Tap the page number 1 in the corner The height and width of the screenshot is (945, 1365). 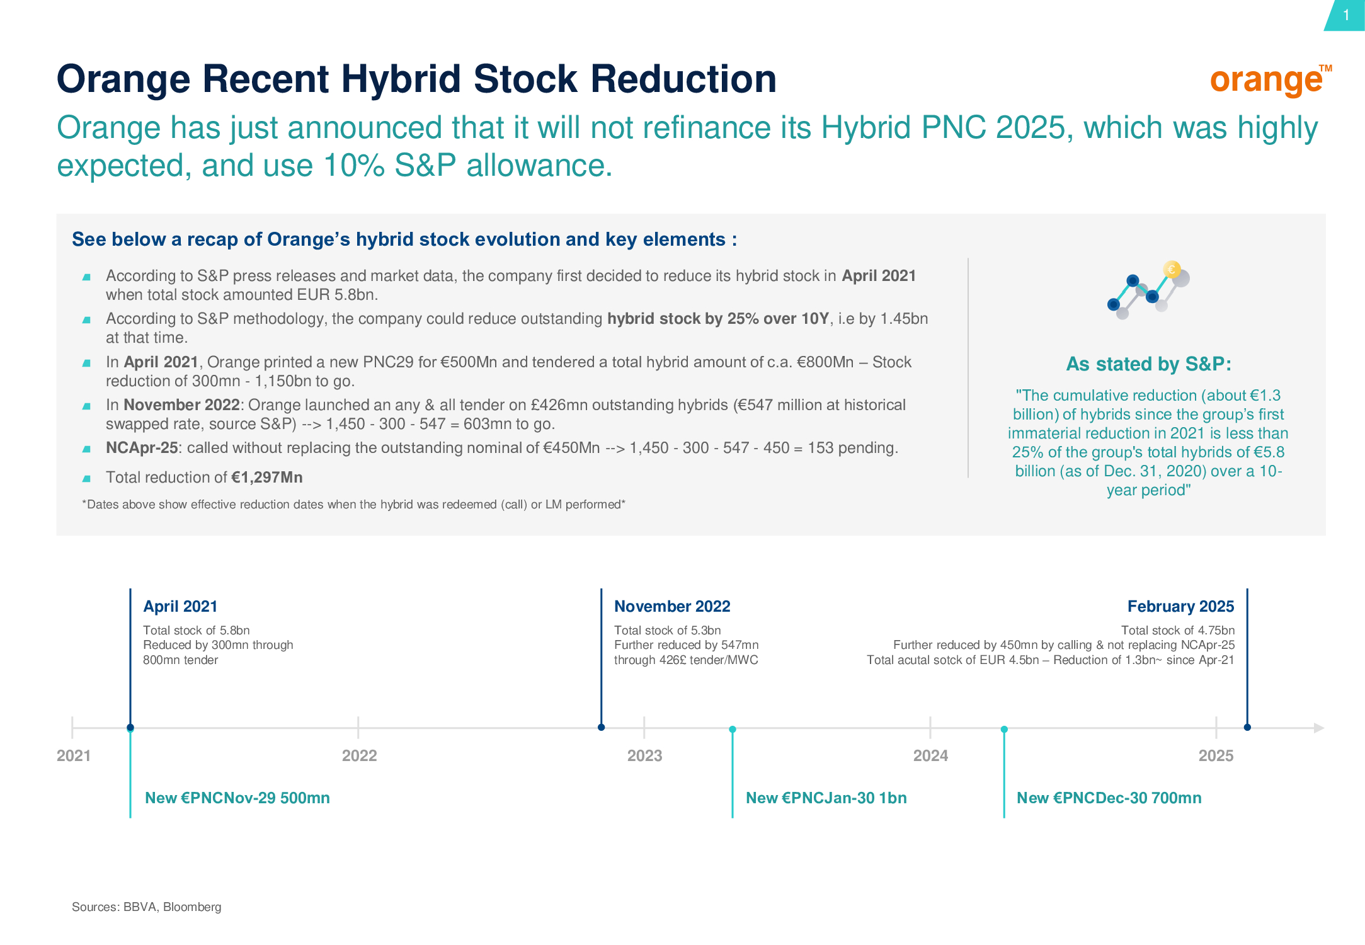(1346, 15)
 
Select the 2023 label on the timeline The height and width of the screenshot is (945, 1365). (644, 755)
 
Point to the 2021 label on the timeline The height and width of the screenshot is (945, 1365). (74, 755)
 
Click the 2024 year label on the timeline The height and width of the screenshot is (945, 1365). (930, 755)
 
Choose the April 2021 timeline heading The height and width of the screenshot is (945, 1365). (180, 606)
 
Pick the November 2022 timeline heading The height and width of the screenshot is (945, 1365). (672, 606)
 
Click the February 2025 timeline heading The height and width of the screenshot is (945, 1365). (1180, 606)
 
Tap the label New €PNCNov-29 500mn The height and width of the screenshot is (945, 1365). (237, 798)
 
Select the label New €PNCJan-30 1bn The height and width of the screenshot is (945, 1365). (826, 798)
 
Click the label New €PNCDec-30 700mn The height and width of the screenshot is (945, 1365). (1109, 798)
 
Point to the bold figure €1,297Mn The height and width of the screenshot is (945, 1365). (267, 478)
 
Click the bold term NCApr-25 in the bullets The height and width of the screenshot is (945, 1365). (142, 448)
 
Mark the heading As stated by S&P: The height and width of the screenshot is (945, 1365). (1148, 364)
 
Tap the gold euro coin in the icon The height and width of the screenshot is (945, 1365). (1172, 270)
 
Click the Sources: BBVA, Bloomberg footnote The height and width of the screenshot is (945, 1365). (146, 907)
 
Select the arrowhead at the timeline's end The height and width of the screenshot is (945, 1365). (1319, 728)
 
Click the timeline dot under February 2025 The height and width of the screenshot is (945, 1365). (1247, 728)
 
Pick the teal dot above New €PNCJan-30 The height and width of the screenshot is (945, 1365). (733, 730)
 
